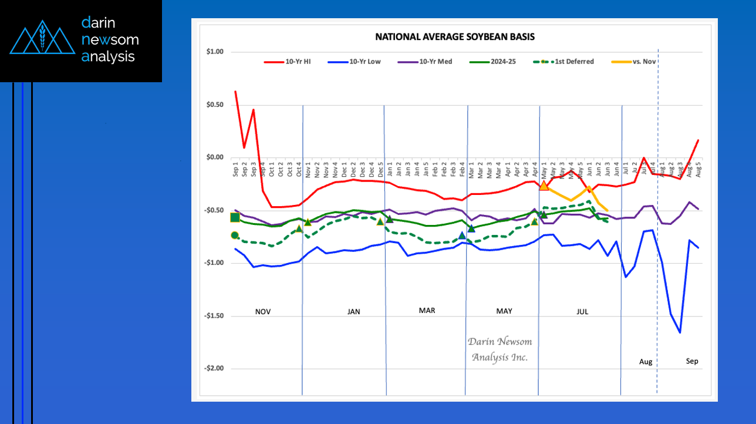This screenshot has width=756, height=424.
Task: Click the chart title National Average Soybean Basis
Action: pyautogui.click(x=455, y=37)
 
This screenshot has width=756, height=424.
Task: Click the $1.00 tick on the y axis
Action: pyautogui.click(x=215, y=52)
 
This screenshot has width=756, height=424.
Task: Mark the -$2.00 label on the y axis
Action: pyautogui.click(x=214, y=369)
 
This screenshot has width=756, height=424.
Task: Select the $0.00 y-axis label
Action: pyautogui.click(x=215, y=157)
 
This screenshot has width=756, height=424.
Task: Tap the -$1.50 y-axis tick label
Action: pyautogui.click(x=214, y=316)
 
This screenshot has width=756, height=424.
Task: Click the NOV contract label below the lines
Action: pyautogui.click(x=263, y=312)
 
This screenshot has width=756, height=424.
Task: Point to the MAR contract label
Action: pyautogui.click(x=427, y=311)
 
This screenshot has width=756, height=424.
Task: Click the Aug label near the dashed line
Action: pyautogui.click(x=646, y=362)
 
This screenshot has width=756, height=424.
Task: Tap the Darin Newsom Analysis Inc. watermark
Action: pyautogui.click(x=499, y=349)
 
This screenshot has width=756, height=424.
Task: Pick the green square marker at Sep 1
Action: pyautogui.click(x=235, y=218)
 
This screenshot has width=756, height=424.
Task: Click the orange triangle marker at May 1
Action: pyautogui.click(x=544, y=186)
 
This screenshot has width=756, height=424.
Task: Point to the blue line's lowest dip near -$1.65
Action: pyautogui.click(x=680, y=332)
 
